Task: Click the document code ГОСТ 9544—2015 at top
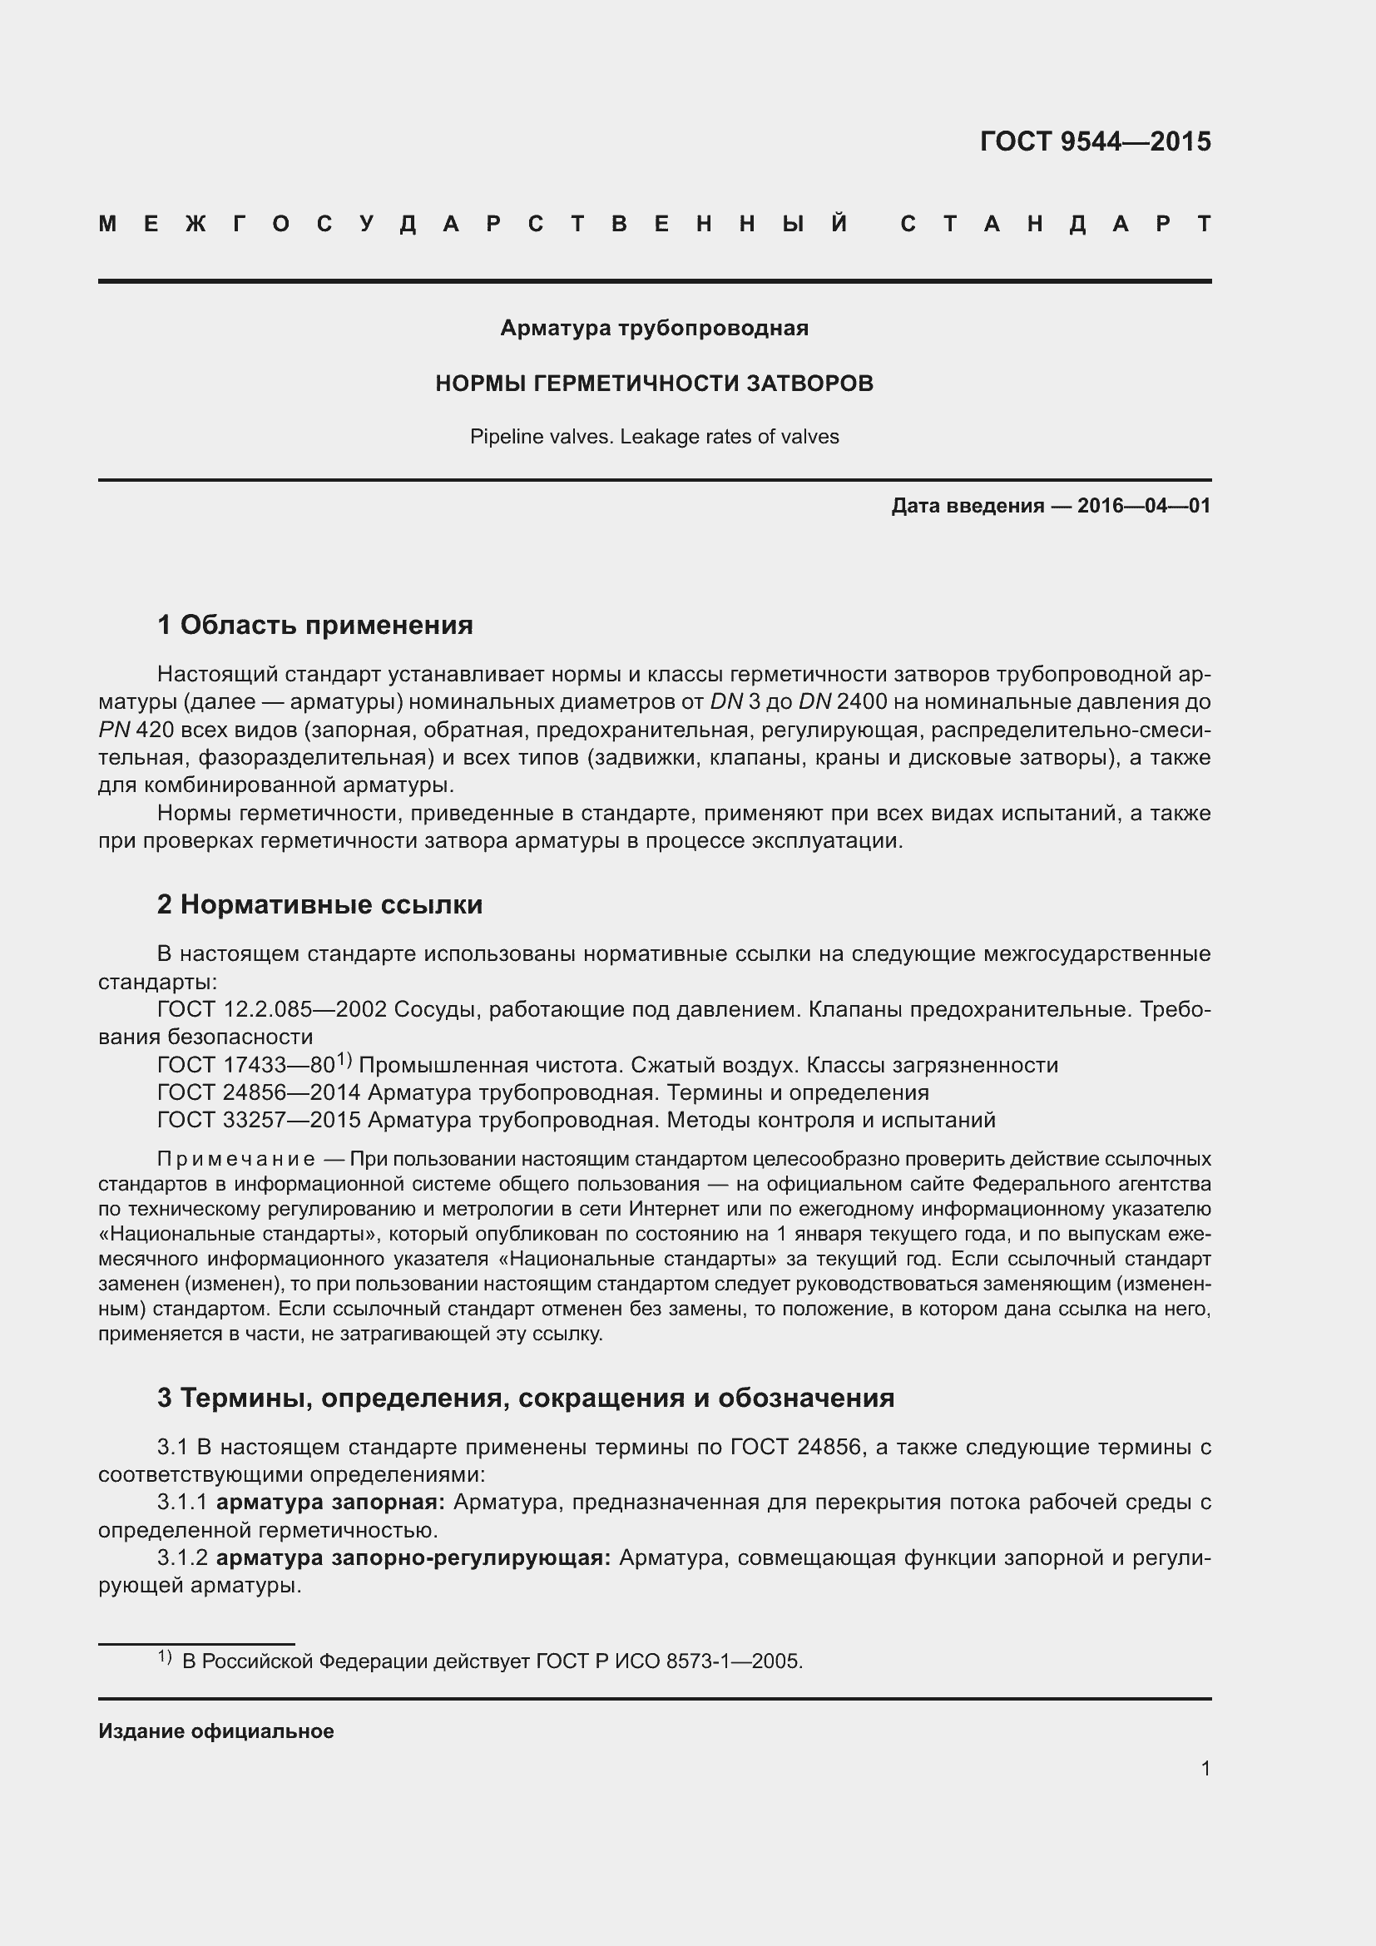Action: tap(1095, 141)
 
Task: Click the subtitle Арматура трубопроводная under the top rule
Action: tap(654, 328)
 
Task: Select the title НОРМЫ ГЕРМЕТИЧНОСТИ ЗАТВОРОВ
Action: tap(654, 384)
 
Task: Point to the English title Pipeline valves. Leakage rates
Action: tap(654, 438)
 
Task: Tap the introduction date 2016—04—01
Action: tap(1144, 507)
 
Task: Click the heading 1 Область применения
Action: tap(315, 626)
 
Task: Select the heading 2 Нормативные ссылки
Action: tap(319, 905)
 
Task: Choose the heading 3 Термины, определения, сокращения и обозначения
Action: tap(525, 1398)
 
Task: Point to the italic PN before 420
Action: tap(113, 730)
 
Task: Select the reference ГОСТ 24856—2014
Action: tap(259, 1093)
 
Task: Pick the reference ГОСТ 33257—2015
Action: tap(259, 1121)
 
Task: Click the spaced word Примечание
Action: tap(236, 1160)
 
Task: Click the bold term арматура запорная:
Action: tap(330, 1503)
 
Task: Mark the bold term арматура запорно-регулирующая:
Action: tap(413, 1557)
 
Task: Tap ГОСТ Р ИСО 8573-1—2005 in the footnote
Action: tap(670, 1662)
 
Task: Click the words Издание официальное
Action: tap(216, 1731)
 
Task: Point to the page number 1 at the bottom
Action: tap(1205, 1769)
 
